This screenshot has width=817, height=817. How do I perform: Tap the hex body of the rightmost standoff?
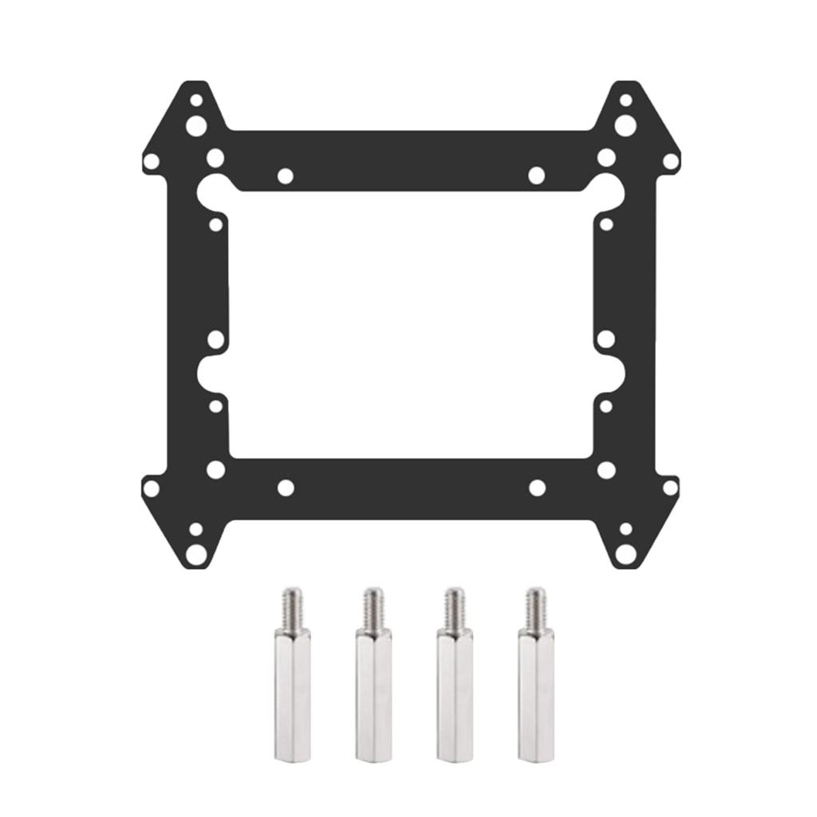(x=535, y=694)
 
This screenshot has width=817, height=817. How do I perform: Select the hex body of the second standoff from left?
(x=373, y=694)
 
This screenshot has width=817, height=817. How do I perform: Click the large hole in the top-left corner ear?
(x=195, y=125)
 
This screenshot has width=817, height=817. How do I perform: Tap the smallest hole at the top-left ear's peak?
(x=195, y=101)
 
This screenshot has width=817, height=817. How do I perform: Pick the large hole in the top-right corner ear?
(x=626, y=125)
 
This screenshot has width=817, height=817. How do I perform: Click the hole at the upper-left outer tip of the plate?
(x=151, y=162)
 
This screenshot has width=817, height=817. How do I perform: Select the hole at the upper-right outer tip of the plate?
(x=670, y=162)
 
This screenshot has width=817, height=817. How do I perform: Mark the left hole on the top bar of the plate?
(x=285, y=176)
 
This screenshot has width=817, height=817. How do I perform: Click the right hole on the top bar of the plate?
(x=536, y=176)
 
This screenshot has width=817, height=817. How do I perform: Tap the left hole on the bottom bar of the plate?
(x=285, y=487)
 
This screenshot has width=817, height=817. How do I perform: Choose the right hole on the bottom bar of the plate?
(x=537, y=487)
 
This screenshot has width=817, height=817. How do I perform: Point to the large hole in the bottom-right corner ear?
(x=626, y=552)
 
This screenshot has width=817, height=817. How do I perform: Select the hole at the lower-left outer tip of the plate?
(x=151, y=487)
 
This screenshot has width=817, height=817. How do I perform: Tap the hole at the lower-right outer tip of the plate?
(x=670, y=487)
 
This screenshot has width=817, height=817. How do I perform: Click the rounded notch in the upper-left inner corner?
(x=211, y=190)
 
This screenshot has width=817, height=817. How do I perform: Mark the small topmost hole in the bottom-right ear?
(x=626, y=528)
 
